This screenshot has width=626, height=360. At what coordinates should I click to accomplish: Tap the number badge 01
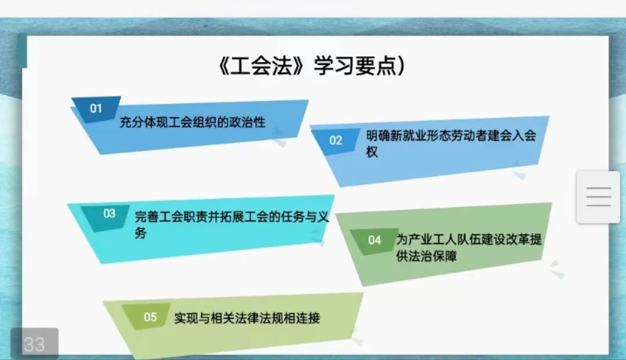96,108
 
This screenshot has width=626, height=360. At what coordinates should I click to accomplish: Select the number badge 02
336,140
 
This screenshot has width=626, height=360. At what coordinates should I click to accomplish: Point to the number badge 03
110,213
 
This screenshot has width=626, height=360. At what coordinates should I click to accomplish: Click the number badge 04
374,240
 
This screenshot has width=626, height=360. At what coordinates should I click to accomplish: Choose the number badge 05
151,317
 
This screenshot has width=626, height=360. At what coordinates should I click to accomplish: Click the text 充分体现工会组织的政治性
192,122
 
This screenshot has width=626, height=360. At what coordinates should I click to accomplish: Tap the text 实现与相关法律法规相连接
247,318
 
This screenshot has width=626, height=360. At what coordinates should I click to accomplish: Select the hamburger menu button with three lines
598,197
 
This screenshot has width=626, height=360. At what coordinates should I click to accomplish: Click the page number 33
34,344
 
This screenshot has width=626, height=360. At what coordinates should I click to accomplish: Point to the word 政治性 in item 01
247,122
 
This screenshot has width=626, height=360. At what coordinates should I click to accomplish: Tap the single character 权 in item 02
372,152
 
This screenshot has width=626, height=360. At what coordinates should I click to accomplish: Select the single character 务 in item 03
140,233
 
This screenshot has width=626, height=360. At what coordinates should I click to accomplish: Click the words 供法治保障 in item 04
427,256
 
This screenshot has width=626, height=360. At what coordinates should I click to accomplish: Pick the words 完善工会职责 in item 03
171,217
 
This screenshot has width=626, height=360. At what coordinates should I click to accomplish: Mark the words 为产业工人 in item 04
426,239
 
